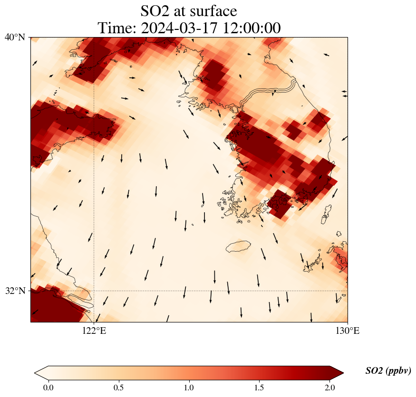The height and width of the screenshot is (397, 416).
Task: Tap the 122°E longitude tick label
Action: [x=94, y=331]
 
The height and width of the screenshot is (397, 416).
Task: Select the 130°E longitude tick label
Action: [x=348, y=331]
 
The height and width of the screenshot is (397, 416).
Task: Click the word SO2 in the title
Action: [x=155, y=11]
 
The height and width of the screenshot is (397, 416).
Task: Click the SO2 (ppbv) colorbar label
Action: [x=388, y=371]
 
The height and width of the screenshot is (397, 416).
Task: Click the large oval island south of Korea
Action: [x=238, y=246]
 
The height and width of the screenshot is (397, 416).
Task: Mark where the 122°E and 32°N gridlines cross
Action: [x=94, y=291]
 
